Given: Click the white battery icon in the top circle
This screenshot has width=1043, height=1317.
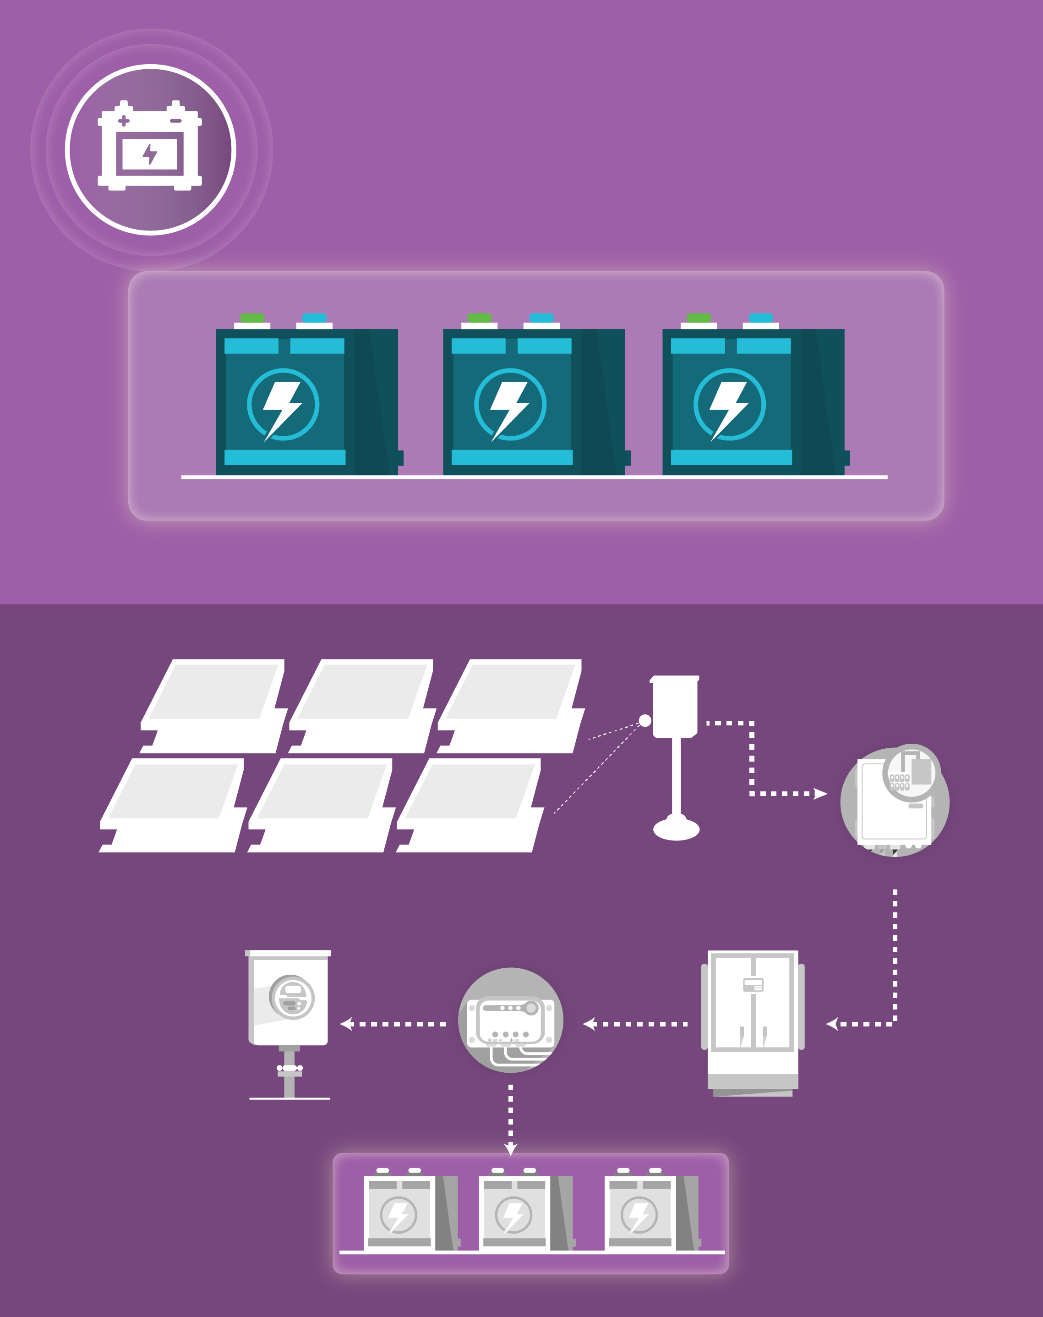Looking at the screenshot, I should pyautogui.click(x=150, y=147).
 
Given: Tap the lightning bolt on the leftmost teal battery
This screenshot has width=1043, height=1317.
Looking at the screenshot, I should pyautogui.click(x=282, y=406).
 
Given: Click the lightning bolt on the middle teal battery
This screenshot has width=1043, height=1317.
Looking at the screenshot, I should pyautogui.click(x=510, y=406).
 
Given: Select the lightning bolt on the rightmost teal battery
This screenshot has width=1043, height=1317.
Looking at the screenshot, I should pyautogui.click(x=729, y=406).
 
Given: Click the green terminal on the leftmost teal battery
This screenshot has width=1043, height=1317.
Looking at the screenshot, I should pyautogui.click(x=252, y=318).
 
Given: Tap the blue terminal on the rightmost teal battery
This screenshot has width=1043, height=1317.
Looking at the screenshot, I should pyautogui.click(x=761, y=318).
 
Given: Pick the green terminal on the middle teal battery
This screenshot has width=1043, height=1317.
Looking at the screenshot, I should pyautogui.click(x=480, y=318).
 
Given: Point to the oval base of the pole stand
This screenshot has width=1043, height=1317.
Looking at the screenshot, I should pyautogui.click(x=676, y=829).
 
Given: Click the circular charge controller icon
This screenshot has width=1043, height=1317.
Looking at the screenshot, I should pyautogui.click(x=511, y=1021).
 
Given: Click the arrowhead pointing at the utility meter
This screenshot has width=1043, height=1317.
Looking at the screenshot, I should pyautogui.click(x=346, y=1024).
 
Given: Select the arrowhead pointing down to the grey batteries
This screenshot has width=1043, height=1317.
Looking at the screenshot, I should pyautogui.click(x=511, y=1149).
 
